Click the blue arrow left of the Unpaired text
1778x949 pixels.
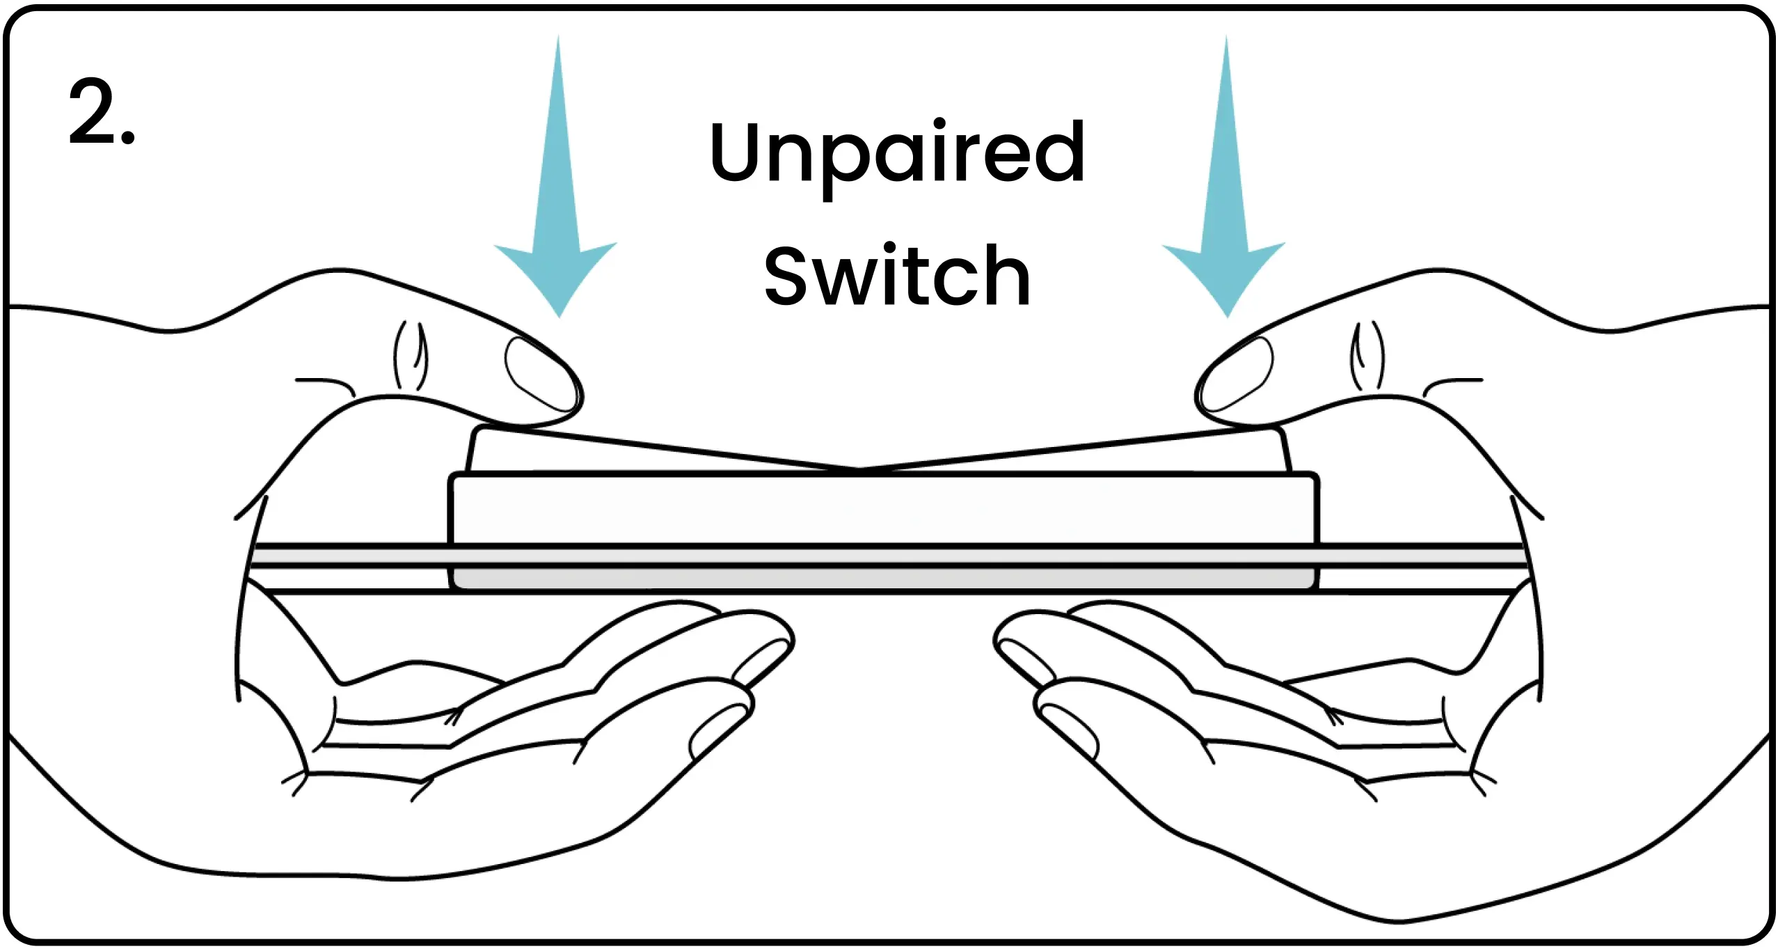(x=557, y=209)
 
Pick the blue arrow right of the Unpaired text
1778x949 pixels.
(x=1225, y=209)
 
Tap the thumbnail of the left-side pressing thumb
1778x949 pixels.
(x=540, y=373)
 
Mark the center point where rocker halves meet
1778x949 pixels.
(x=860, y=469)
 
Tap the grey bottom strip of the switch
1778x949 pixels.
(x=884, y=578)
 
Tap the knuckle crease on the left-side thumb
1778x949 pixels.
(x=411, y=355)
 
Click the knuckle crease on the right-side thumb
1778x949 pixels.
(x=1367, y=355)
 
